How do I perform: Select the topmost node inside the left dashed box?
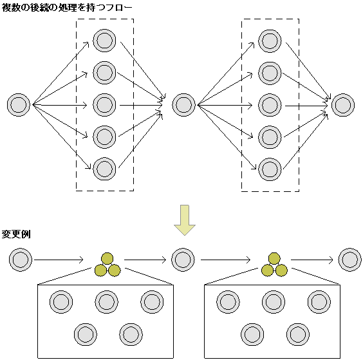pos(104,41)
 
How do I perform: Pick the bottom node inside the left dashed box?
pos(104,168)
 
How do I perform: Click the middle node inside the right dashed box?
pos(270,104)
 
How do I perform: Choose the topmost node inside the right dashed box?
pos(270,41)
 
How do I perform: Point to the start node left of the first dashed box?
pos(19,104)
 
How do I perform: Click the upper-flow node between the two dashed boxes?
pos(183,104)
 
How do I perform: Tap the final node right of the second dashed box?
pos(342,104)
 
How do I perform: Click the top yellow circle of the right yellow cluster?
pos(274,258)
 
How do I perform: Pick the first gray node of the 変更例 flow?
pos(21,260)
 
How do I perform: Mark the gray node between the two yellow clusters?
pos(183,260)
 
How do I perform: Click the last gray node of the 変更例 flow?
pos(349,260)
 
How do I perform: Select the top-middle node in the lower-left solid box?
pos(106,301)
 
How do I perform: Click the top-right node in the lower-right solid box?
pos(319,301)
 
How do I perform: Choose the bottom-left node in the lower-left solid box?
pos(85,334)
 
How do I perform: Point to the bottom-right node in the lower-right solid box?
pos(297,334)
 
